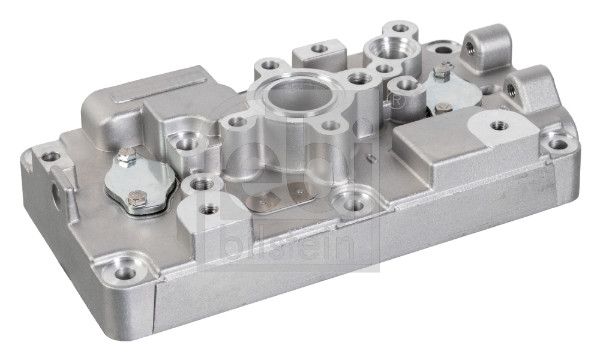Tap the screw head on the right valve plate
(x=439, y=74)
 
